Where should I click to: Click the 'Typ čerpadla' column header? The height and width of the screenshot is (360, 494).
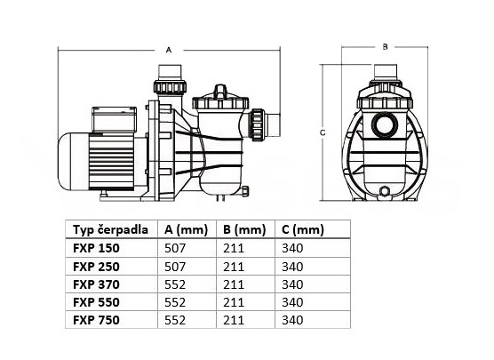click(x=110, y=229)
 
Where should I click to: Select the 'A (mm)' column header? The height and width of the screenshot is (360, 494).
click(x=186, y=230)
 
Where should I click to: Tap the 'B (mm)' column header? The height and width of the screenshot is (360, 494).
click(x=244, y=230)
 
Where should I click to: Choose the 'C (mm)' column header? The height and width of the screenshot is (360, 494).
click(x=303, y=230)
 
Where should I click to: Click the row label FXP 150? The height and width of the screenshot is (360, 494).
click(x=96, y=248)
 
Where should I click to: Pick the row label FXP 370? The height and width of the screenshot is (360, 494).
click(x=96, y=284)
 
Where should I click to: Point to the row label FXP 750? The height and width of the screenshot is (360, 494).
click(x=96, y=320)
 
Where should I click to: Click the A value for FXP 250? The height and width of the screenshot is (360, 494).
click(x=175, y=267)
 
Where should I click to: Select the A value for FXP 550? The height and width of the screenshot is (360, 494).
click(x=175, y=302)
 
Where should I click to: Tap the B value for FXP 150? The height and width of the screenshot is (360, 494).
click(x=234, y=248)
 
